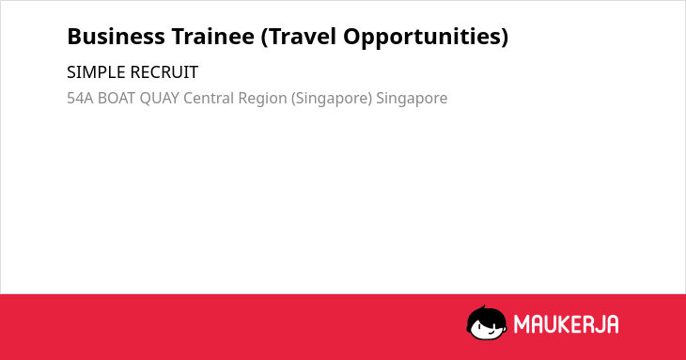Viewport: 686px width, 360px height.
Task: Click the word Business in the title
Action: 116,37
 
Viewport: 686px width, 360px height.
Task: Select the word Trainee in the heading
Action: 212,37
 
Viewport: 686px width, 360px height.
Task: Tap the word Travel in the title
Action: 299,37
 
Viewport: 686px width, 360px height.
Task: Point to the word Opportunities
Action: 426,38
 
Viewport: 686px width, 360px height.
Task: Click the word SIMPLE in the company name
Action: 97,72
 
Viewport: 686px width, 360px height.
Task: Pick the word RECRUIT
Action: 164,72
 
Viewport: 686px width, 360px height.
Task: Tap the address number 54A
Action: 80,98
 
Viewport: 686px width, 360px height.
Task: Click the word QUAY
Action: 159,99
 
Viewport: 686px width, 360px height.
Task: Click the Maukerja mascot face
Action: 487,323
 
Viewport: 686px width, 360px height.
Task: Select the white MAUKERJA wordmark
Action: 566,324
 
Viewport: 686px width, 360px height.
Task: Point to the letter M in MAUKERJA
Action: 521,324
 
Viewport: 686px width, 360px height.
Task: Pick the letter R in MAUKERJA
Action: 585,324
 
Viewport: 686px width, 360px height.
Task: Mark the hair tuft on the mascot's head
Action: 484,308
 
